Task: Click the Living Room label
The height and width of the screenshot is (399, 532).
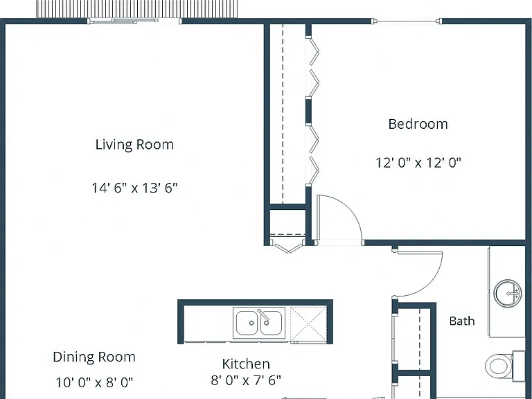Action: click(134, 145)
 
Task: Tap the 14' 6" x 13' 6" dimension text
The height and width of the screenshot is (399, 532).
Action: click(134, 188)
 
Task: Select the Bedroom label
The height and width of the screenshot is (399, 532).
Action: click(418, 124)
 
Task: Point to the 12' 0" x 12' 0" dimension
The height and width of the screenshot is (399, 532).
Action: click(418, 163)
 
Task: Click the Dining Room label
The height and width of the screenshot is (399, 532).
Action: click(94, 357)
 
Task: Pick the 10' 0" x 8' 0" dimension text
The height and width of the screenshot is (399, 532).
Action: click(94, 382)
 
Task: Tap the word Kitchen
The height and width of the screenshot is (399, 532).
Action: click(246, 364)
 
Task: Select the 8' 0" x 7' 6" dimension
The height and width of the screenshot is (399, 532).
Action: click(246, 380)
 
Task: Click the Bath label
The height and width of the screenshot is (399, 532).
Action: click(462, 321)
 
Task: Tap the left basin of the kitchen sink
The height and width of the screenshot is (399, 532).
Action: click(247, 323)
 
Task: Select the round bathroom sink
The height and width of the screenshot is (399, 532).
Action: click(508, 293)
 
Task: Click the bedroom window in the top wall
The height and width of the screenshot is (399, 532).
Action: click(407, 21)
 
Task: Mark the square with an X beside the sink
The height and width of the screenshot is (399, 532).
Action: click(308, 323)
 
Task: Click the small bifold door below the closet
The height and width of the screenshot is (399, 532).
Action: click(288, 247)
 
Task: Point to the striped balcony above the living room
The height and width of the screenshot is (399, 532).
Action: click(137, 8)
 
